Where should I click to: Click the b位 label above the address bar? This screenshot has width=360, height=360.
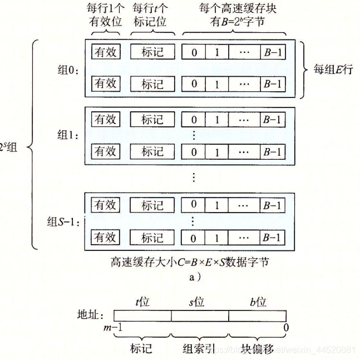point(258,302)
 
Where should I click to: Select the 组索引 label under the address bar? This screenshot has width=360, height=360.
point(199,348)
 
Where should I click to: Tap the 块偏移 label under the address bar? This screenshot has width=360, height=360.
point(257,348)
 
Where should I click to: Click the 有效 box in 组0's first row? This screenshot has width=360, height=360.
point(106,52)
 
